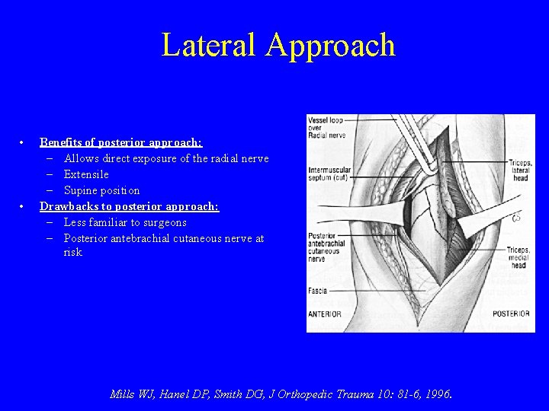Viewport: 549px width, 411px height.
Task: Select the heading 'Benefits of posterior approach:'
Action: click(120, 142)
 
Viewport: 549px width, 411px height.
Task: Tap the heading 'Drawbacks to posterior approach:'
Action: click(129, 206)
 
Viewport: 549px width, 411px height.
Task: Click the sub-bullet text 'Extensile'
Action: click(86, 174)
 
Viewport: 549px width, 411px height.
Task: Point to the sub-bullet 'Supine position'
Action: click(101, 190)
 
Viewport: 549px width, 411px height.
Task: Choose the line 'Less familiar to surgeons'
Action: click(125, 222)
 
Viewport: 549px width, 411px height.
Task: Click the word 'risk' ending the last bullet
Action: click(73, 252)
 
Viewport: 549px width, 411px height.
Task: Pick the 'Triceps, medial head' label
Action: click(520, 259)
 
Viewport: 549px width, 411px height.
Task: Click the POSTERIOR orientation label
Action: click(511, 313)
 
